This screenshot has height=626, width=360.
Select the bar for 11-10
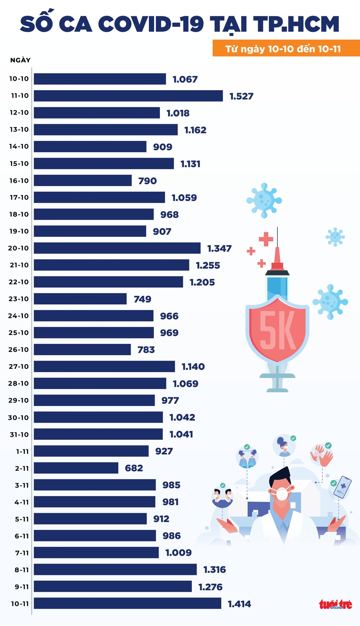128,96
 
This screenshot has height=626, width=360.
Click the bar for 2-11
76,468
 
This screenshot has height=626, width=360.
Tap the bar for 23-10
80,299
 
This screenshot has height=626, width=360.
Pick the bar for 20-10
117,248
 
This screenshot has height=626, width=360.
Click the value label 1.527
241,96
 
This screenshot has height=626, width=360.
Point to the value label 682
134,468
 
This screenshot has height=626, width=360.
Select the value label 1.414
239,604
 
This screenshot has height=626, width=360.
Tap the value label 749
143,299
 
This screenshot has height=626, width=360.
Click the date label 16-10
19,181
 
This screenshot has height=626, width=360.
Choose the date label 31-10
19,434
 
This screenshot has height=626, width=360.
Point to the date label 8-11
22,570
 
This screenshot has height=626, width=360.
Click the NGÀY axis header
20,60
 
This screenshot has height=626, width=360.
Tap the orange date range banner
286,49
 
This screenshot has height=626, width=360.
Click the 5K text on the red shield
278,330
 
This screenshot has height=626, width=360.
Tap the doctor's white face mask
282,493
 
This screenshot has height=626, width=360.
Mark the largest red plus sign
266,239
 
